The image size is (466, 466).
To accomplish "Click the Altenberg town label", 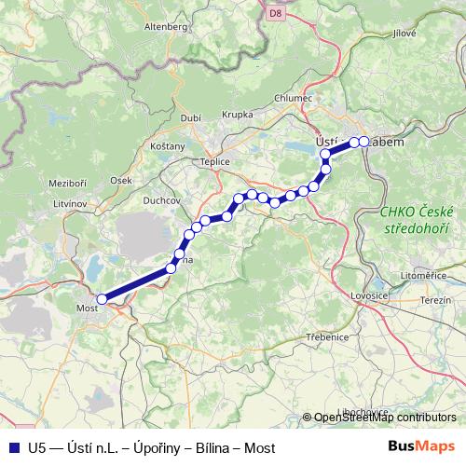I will pyautogui.click(x=166, y=27).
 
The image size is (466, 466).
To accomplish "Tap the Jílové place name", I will pyautogui.click(x=404, y=33).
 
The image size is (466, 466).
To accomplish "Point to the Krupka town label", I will pyautogui.click(x=237, y=115).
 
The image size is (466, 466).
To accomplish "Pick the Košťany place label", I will pyautogui.click(x=168, y=148).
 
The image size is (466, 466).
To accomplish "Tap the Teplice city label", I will pyautogui.click(x=201, y=160).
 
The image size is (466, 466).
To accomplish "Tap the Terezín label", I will pyautogui.click(x=435, y=300).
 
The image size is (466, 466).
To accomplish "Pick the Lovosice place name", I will pyautogui.click(x=368, y=295).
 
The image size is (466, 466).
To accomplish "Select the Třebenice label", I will pyautogui.click(x=328, y=336).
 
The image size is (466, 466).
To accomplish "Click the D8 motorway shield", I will pyautogui.click(x=275, y=13).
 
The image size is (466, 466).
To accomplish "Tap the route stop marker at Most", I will pyautogui.click(x=102, y=299).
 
